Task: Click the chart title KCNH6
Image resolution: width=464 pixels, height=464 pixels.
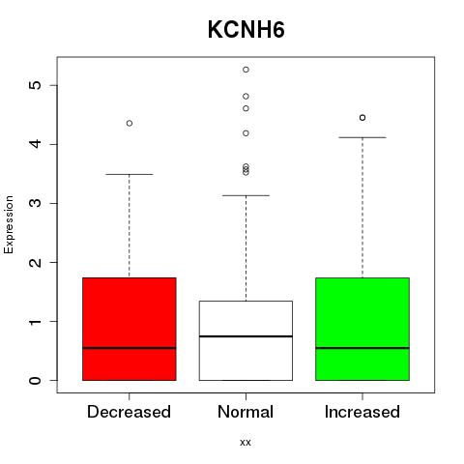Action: (x=246, y=30)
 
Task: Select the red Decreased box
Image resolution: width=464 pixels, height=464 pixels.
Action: (x=130, y=329)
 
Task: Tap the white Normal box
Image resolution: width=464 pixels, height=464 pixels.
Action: (x=246, y=340)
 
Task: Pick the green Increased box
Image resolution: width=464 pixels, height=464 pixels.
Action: (x=362, y=329)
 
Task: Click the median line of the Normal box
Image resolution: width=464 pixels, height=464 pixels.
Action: (x=246, y=336)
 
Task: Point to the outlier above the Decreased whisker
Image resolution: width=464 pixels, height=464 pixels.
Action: (x=130, y=123)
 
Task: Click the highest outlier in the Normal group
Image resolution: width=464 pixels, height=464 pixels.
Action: (x=246, y=70)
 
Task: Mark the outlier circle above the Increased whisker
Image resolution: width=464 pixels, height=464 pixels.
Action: (x=362, y=118)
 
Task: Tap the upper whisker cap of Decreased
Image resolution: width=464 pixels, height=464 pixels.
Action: (x=130, y=174)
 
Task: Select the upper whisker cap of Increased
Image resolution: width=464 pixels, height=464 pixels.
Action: (x=362, y=137)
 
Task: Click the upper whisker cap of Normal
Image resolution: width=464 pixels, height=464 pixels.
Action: (x=246, y=195)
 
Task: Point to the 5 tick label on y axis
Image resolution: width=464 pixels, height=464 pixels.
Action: (x=36, y=85)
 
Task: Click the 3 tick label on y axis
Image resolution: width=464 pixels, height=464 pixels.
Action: (x=36, y=203)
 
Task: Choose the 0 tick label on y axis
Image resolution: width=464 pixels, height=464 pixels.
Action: (x=36, y=380)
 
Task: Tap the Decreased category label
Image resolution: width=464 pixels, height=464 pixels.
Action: (x=129, y=412)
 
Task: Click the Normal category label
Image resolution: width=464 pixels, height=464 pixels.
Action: (x=246, y=412)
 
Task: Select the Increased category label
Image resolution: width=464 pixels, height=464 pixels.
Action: (x=362, y=412)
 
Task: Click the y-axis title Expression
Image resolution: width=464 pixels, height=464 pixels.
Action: (x=9, y=224)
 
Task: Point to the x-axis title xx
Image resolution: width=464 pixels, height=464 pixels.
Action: (x=246, y=443)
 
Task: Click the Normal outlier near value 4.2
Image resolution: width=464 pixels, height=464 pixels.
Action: (x=246, y=133)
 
